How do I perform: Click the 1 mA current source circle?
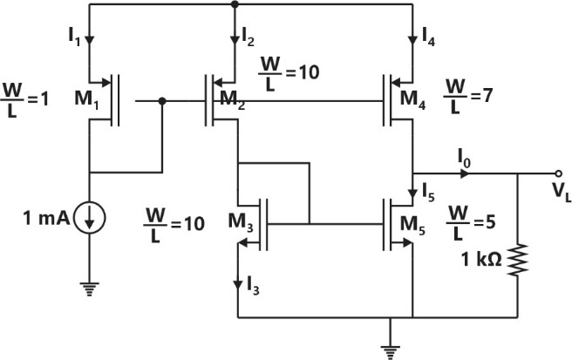pos(89,220)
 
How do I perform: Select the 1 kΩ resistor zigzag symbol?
pos(519,260)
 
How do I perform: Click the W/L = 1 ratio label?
pos(26,96)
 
